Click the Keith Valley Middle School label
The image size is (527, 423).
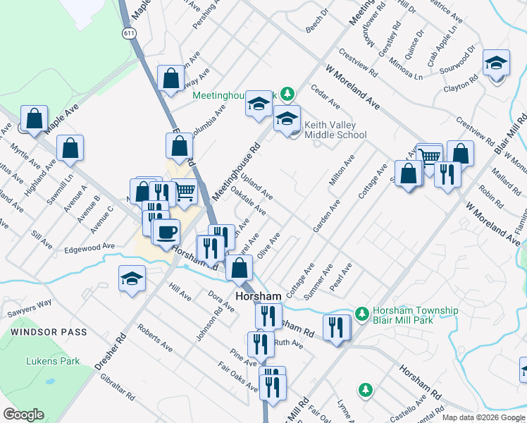(x=335, y=130)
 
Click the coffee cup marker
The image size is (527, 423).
(x=166, y=232)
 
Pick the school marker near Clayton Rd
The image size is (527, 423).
(x=496, y=63)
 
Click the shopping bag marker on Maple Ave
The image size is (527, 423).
(x=34, y=118)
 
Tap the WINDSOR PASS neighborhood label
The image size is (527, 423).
(x=49, y=332)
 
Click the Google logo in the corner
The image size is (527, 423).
(x=23, y=415)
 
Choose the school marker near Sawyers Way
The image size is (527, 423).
(x=132, y=278)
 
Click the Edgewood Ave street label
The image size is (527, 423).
(x=89, y=247)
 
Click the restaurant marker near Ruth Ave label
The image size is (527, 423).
(x=261, y=343)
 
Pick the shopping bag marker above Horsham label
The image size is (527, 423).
(x=240, y=268)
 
